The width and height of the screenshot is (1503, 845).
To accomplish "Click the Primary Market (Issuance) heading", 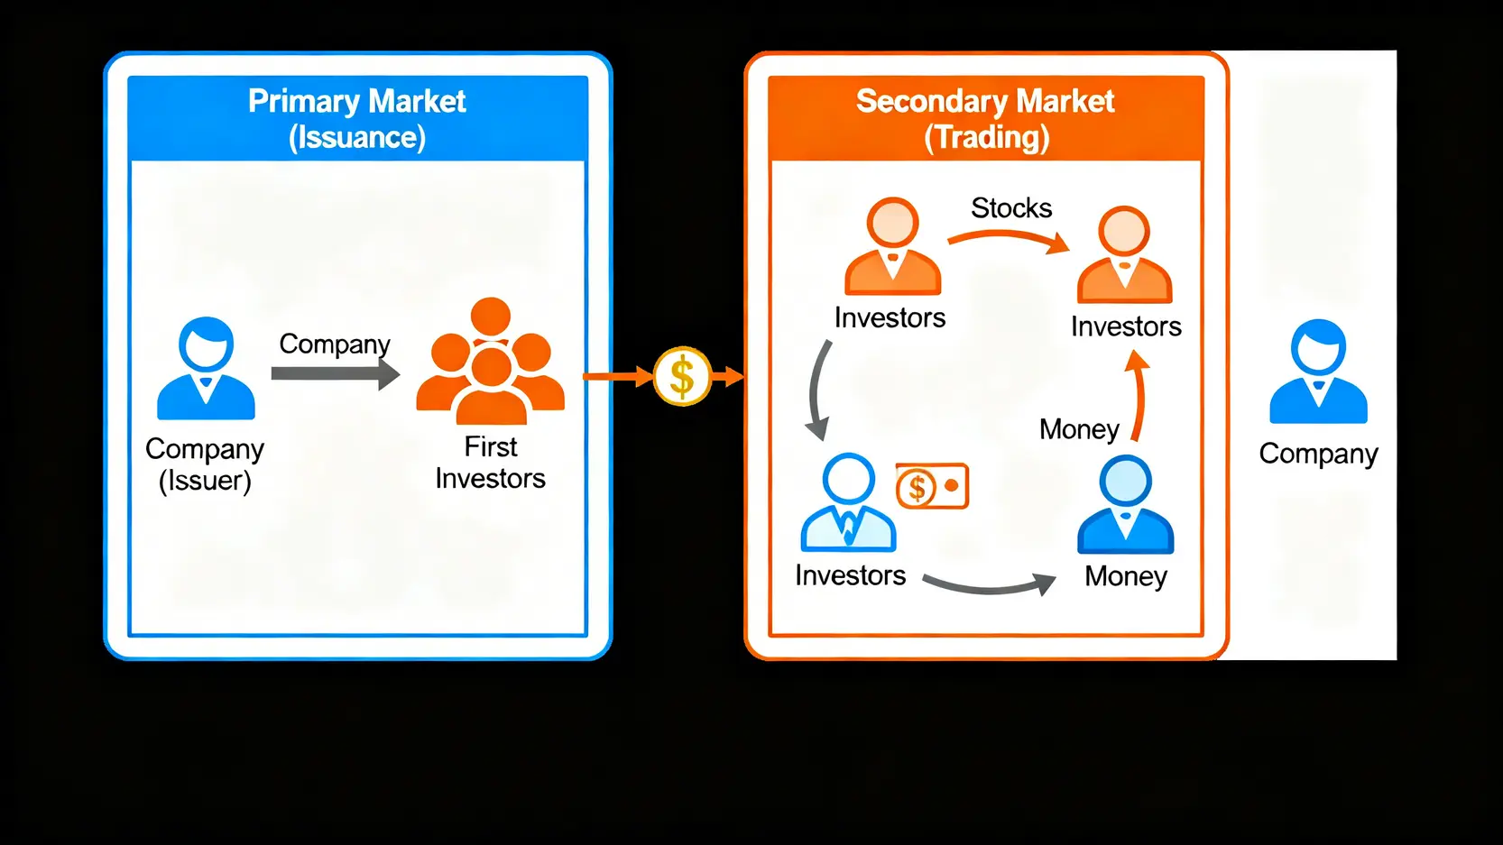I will (x=357, y=118).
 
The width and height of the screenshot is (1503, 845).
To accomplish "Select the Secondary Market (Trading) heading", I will (x=985, y=118).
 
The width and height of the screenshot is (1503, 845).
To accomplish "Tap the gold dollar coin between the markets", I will (x=682, y=376).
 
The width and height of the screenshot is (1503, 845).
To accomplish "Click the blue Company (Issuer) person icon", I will (x=206, y=369).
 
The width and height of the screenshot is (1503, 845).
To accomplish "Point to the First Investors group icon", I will (x=490, y=363).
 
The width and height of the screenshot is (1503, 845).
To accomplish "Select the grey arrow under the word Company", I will (x=335, y=373).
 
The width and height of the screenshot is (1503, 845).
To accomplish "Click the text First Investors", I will (x=490, y=462).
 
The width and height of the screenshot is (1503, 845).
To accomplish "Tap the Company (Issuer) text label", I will (x=205, y=464).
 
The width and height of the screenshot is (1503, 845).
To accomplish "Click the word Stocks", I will (x=1011, y=208).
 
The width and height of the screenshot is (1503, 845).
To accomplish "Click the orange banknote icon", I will (x=932, y=487).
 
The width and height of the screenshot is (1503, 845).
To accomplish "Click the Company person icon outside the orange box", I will (x=1318, y=372).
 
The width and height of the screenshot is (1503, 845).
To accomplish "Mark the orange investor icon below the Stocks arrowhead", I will (x=1124, y=255).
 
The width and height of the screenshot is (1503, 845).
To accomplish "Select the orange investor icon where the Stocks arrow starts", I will (x=892, y=246).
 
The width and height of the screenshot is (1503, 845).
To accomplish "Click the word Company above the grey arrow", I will (x=334, y=344).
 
